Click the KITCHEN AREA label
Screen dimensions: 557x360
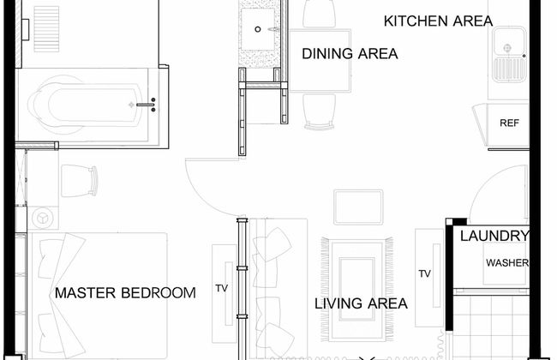[438, 21]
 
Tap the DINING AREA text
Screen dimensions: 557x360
[350, 54]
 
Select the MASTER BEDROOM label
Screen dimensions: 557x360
[125, 293]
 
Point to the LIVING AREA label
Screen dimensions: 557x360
[361, 303]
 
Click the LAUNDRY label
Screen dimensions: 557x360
[494, 236]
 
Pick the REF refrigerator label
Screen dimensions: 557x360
[509, 123]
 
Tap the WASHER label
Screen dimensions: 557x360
[507, 263]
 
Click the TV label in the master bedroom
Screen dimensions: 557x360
[222, 288]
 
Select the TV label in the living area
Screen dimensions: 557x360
[424, 273]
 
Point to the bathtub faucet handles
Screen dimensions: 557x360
[153, 105]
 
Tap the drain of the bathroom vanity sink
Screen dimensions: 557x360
[258, 29]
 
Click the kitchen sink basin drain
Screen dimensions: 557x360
[507, 47]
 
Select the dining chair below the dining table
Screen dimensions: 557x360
[320, 111]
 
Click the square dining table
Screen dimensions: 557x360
[320, 61]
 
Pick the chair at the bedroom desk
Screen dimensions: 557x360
[79, 181]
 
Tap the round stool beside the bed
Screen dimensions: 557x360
[43, 218]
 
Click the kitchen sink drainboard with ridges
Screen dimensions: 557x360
[509, 69]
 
